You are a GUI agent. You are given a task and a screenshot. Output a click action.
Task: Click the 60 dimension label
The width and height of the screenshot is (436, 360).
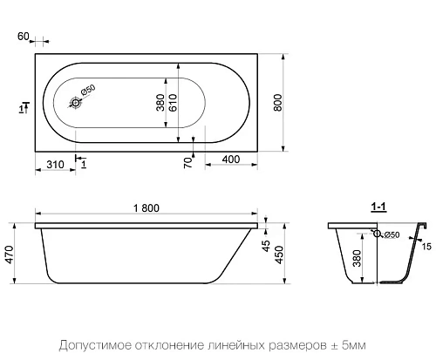click(x=24, y=37)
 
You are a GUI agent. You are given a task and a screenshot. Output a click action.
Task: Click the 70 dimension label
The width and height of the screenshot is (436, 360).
click(x=187, y=161)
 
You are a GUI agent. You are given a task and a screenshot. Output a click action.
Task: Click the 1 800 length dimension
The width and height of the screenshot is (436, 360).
click(x=146, y=207)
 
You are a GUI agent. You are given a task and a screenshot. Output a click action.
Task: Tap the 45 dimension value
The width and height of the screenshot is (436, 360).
click(x=266, y=245)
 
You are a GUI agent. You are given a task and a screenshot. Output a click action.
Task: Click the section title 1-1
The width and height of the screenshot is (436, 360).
click(x=379, y=207)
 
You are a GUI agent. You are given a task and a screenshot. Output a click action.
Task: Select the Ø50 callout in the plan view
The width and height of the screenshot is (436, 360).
click(x=87, y=92)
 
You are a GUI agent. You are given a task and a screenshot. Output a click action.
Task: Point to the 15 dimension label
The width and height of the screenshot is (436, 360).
click(x=426, y=247)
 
